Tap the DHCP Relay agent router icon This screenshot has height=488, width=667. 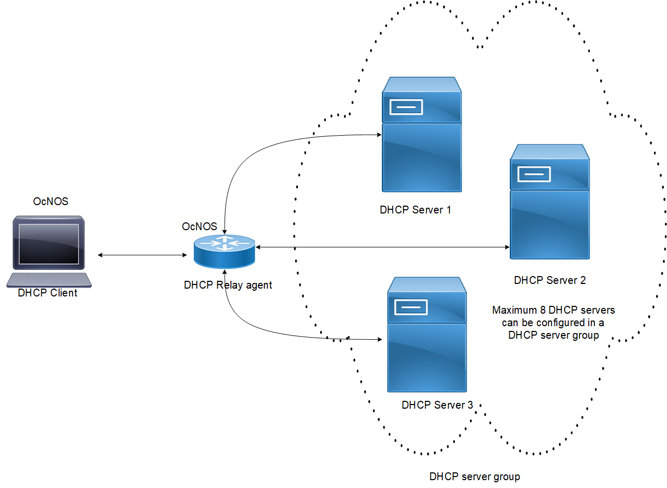(224, 251)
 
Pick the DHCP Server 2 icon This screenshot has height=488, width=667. (549, 202)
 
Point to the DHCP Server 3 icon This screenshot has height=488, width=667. (427, 335)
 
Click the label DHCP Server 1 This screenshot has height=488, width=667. (415, 210)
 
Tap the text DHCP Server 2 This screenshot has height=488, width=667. (549, 280)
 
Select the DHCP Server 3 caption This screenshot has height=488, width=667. (437, 405)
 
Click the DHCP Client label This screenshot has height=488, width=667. (48, 293)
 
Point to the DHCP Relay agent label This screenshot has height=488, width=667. (228, 285)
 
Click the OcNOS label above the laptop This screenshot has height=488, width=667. (50, 201)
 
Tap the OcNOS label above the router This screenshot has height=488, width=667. (199, 227)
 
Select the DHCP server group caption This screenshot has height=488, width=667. (474, 477)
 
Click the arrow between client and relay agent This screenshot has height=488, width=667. (142, 255)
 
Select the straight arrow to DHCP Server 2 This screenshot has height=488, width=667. (381, 247)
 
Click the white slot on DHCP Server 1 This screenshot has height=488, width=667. (405, 107)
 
